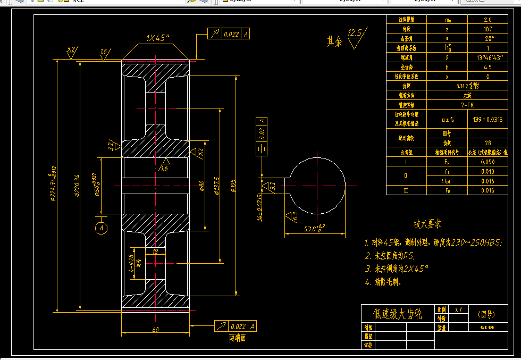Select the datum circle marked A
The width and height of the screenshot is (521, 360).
[100, 228]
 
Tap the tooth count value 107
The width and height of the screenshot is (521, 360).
[488, 29]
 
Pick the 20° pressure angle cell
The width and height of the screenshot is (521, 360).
[488, 38]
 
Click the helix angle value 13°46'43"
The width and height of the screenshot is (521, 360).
[488, 57]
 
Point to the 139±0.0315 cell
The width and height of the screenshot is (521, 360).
[488, 119]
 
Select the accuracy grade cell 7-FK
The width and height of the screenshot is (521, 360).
[468, 105]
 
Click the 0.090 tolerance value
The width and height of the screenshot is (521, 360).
[488, 162]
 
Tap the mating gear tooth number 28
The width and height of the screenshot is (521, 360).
[488, 143]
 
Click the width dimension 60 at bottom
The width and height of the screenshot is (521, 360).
[155, 330]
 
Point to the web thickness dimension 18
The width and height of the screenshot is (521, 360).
[155, 252]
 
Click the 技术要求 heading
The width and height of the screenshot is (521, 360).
[428, 224]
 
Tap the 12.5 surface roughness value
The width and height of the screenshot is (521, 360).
[354, 33]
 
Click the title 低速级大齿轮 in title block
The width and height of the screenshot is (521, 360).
[398, 314]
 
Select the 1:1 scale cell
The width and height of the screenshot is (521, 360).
[458, 309]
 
